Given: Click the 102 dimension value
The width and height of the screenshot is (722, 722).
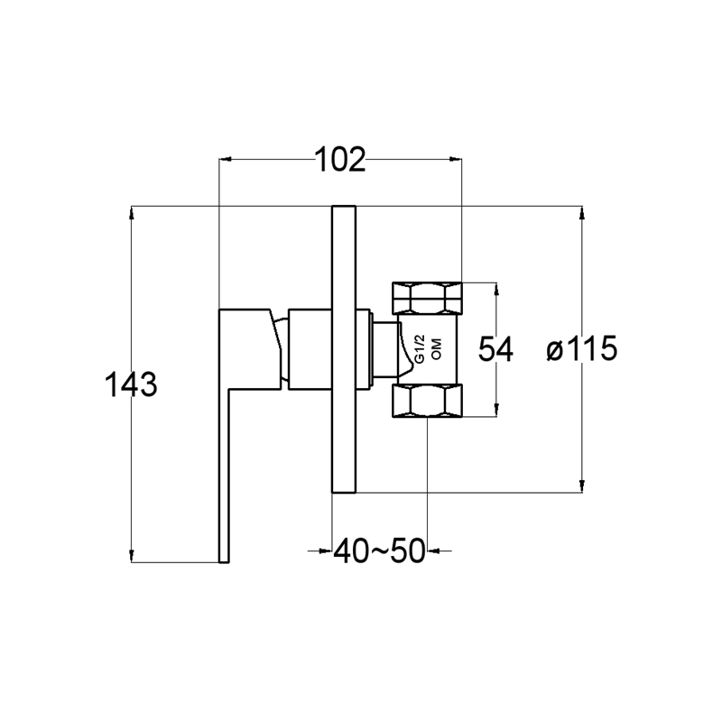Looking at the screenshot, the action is pos(340,161).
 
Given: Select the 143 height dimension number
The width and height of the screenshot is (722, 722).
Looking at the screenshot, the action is pos(131,384).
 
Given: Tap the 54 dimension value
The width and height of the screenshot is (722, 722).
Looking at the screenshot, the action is pos(495,349).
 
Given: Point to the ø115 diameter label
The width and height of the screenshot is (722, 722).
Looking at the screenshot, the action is pos(581,348).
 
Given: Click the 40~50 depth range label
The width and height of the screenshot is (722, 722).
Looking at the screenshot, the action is pos(378,551).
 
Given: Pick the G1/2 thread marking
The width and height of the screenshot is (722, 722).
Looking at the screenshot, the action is pos(420,350).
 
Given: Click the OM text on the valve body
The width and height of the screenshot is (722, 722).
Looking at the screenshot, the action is pos(436,349).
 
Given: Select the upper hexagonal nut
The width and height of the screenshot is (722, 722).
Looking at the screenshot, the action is pos(427,298).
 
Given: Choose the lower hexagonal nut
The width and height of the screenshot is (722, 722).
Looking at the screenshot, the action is pos(427,401).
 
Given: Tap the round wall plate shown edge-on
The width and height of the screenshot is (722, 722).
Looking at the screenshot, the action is pos(344,349).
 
